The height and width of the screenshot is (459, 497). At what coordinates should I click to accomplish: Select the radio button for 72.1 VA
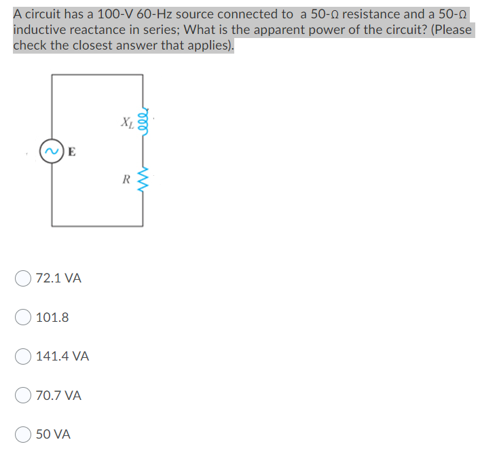24,278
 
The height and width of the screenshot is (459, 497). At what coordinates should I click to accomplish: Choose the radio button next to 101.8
24,317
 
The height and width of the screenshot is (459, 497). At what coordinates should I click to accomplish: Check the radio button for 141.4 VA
24,356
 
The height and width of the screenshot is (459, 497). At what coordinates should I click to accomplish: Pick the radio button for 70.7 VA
24,395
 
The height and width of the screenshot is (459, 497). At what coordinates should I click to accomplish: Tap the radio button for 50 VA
24,434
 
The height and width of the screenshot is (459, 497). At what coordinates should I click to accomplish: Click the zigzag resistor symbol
143,181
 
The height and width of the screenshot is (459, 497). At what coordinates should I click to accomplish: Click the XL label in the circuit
126,123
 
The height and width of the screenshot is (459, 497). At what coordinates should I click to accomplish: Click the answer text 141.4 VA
62,356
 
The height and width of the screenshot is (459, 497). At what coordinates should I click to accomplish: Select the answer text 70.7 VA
59,395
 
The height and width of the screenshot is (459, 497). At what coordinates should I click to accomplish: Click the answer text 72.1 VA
59,278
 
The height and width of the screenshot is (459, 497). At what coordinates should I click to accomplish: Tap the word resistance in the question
375,14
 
